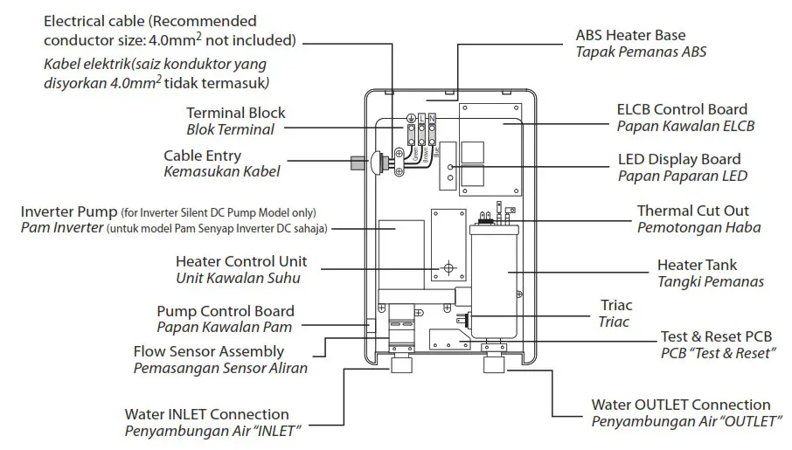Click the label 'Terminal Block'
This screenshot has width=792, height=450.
(x=235, y=113)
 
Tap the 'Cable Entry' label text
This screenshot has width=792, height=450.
(x=202, y=156)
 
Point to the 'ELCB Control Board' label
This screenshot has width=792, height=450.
(x=682, y=109)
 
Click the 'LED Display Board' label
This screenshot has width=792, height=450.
(x=678, y=159)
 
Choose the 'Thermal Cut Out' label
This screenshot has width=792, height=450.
(x=692, y=211)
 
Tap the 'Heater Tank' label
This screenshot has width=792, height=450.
(x=697, y=265)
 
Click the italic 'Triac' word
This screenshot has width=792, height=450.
(x=614, y=322)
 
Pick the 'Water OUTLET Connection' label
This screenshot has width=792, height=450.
(x=681, y=405)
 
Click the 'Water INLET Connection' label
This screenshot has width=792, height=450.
(x=206, y=414)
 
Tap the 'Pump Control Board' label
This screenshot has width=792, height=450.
(x=225, y=311)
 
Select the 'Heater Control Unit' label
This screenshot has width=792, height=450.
(x=241, y=261)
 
